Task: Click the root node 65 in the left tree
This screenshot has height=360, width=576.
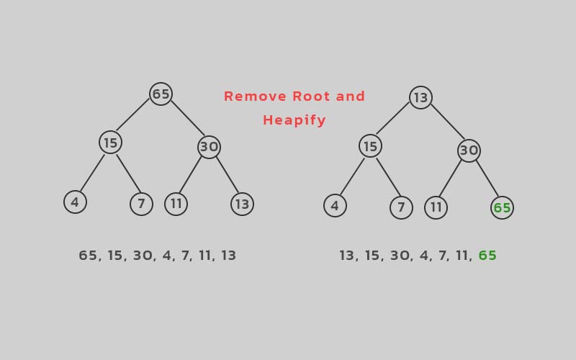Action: click(161, 94)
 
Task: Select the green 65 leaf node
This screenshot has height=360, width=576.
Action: click(502, 207)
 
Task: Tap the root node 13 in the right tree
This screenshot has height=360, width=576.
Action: click(420, 97)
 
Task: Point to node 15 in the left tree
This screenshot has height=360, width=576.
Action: click(111, 142)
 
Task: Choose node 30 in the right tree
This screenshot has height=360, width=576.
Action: click(469, 150)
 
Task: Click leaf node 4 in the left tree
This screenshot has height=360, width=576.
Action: click(76, 202)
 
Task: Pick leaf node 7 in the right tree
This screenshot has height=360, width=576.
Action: click(401, 207)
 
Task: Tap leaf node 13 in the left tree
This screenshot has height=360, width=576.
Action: click(242, 204)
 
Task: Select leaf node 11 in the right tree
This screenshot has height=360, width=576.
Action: click(436, 207)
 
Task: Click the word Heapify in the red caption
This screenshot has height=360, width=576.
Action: click(294, 120)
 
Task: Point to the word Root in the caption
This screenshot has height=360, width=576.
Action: click(312, 96)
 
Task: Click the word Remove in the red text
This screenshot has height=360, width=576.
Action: click(256, 96)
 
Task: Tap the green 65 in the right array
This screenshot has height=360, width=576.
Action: click(487, 256)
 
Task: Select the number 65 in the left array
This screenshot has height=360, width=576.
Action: click(89, 256)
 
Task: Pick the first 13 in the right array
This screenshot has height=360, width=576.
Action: click(347, 256)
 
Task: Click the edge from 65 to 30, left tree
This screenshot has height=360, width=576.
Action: click(188, 118)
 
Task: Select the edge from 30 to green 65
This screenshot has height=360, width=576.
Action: click(487, 179)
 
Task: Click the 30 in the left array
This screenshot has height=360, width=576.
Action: click(143, 256)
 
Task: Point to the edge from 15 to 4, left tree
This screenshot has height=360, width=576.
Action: click(92, 173)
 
